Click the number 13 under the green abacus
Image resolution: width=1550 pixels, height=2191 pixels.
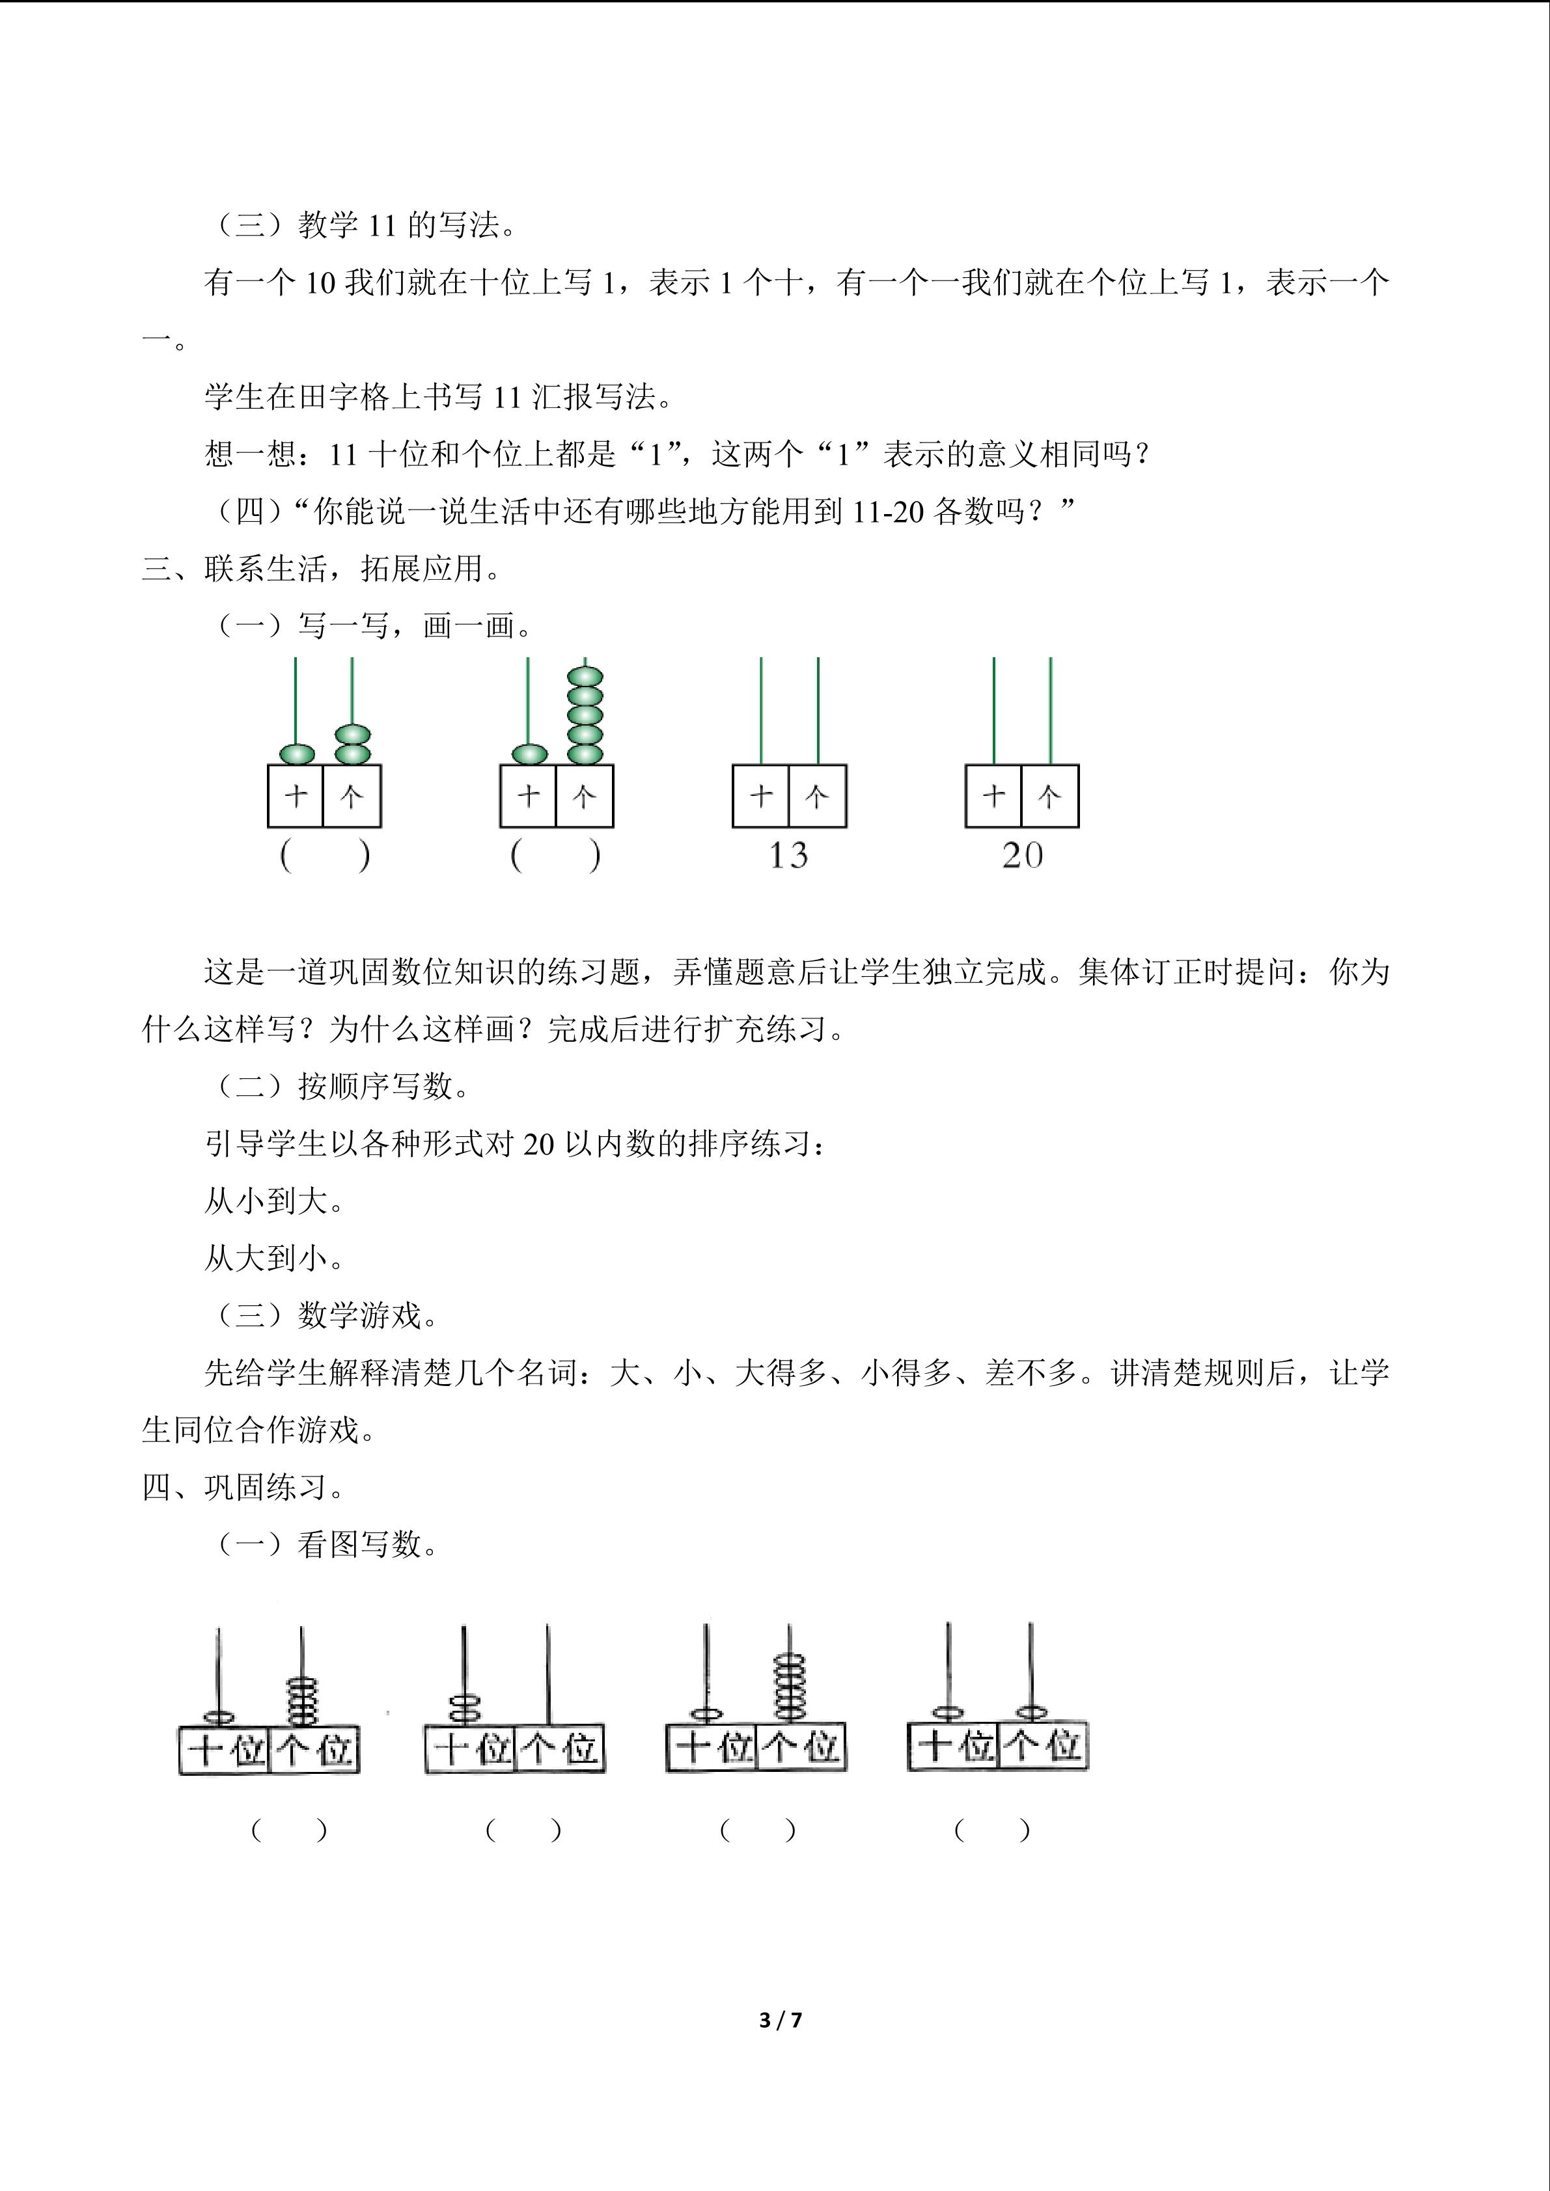(788, 856)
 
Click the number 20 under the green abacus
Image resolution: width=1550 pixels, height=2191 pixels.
(1022, 856)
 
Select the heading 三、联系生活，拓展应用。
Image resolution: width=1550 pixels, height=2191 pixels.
(322, 569)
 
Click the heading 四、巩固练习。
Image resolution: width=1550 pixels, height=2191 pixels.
(243, 1487)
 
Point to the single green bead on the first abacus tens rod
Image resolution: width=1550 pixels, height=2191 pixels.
(296, 754)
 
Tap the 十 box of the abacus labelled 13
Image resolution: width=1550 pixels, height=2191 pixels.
(761, 796)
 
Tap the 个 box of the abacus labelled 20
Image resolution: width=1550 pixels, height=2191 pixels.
(1050, 796)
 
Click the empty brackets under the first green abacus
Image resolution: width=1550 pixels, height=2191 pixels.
(324, 856)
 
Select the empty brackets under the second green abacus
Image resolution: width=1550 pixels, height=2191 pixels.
(555, 856)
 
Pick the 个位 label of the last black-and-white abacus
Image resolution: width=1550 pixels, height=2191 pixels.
(1042, 1745)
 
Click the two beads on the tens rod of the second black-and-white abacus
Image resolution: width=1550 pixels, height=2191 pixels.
(465, 1708)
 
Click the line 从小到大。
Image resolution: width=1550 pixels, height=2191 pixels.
(275, 1201)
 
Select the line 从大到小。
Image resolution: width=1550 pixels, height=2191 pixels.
(275, 1258)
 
